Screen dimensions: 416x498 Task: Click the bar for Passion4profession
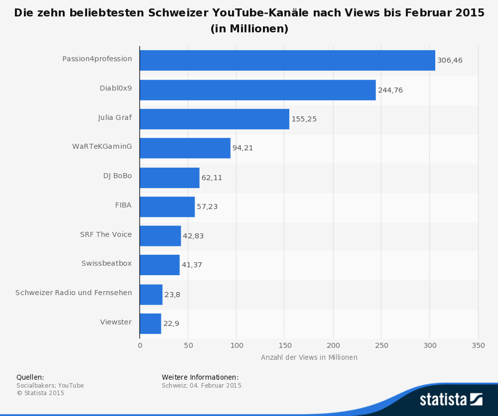pos(287,60)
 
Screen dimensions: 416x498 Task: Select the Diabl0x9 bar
pos(257,89)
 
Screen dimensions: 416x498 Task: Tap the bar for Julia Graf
pos(214,119)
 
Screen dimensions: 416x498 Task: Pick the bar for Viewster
pos(151,323)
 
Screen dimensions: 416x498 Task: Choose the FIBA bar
pos(167,206)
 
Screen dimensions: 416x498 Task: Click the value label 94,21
pos(242,148)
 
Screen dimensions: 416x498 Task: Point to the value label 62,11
pos(212,178)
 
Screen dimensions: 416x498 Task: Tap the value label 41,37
pos(192,265)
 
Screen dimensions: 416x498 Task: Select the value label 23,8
pos(172,294)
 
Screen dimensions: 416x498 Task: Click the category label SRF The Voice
pos(106,234)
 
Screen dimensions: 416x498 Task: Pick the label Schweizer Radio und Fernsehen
pos(74,293)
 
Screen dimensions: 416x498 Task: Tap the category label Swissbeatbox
pos(107,263)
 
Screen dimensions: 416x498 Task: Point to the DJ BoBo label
pos(118,176)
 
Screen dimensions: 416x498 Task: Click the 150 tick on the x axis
pos(285,345)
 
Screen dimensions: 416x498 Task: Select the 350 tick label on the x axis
pos(479,345)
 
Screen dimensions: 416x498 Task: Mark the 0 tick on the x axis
pos(140,345)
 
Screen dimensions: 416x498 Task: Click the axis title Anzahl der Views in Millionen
pos(309,357)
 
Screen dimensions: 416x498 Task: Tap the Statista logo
pos(451,399)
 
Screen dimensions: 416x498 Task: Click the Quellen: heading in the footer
pos(30,377)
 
